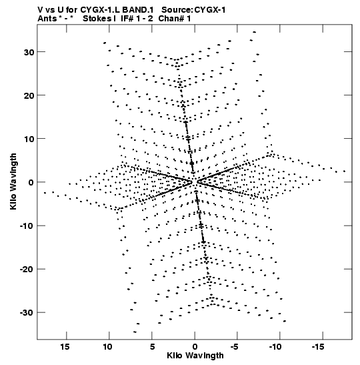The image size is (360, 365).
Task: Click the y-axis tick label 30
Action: tap(29, 52)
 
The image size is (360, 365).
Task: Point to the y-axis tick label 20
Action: tap(29, 95)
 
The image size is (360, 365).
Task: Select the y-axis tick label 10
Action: tap(29, 139)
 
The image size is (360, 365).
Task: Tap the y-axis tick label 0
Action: tap(31, 182)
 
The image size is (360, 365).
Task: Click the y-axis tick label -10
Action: tap(27, 226)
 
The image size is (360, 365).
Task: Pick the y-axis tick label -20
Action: tap(27, 270)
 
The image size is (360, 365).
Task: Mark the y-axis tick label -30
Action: tap(27, 313)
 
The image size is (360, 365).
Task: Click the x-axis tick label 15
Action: tap(65, 347)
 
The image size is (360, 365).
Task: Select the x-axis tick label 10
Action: tap(108, 347)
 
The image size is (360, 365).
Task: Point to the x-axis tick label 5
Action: tap(152, 347)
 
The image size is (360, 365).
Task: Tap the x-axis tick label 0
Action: tap(195, 347)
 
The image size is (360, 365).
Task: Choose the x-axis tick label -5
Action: tap(235, 347)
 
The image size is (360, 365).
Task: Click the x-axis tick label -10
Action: tap(275, 347)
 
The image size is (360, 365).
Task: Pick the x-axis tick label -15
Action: tap(318, 347)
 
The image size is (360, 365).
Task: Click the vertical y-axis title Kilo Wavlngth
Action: tap(13, 181)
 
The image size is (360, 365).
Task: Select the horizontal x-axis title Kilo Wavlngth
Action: tap(195, 356)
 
